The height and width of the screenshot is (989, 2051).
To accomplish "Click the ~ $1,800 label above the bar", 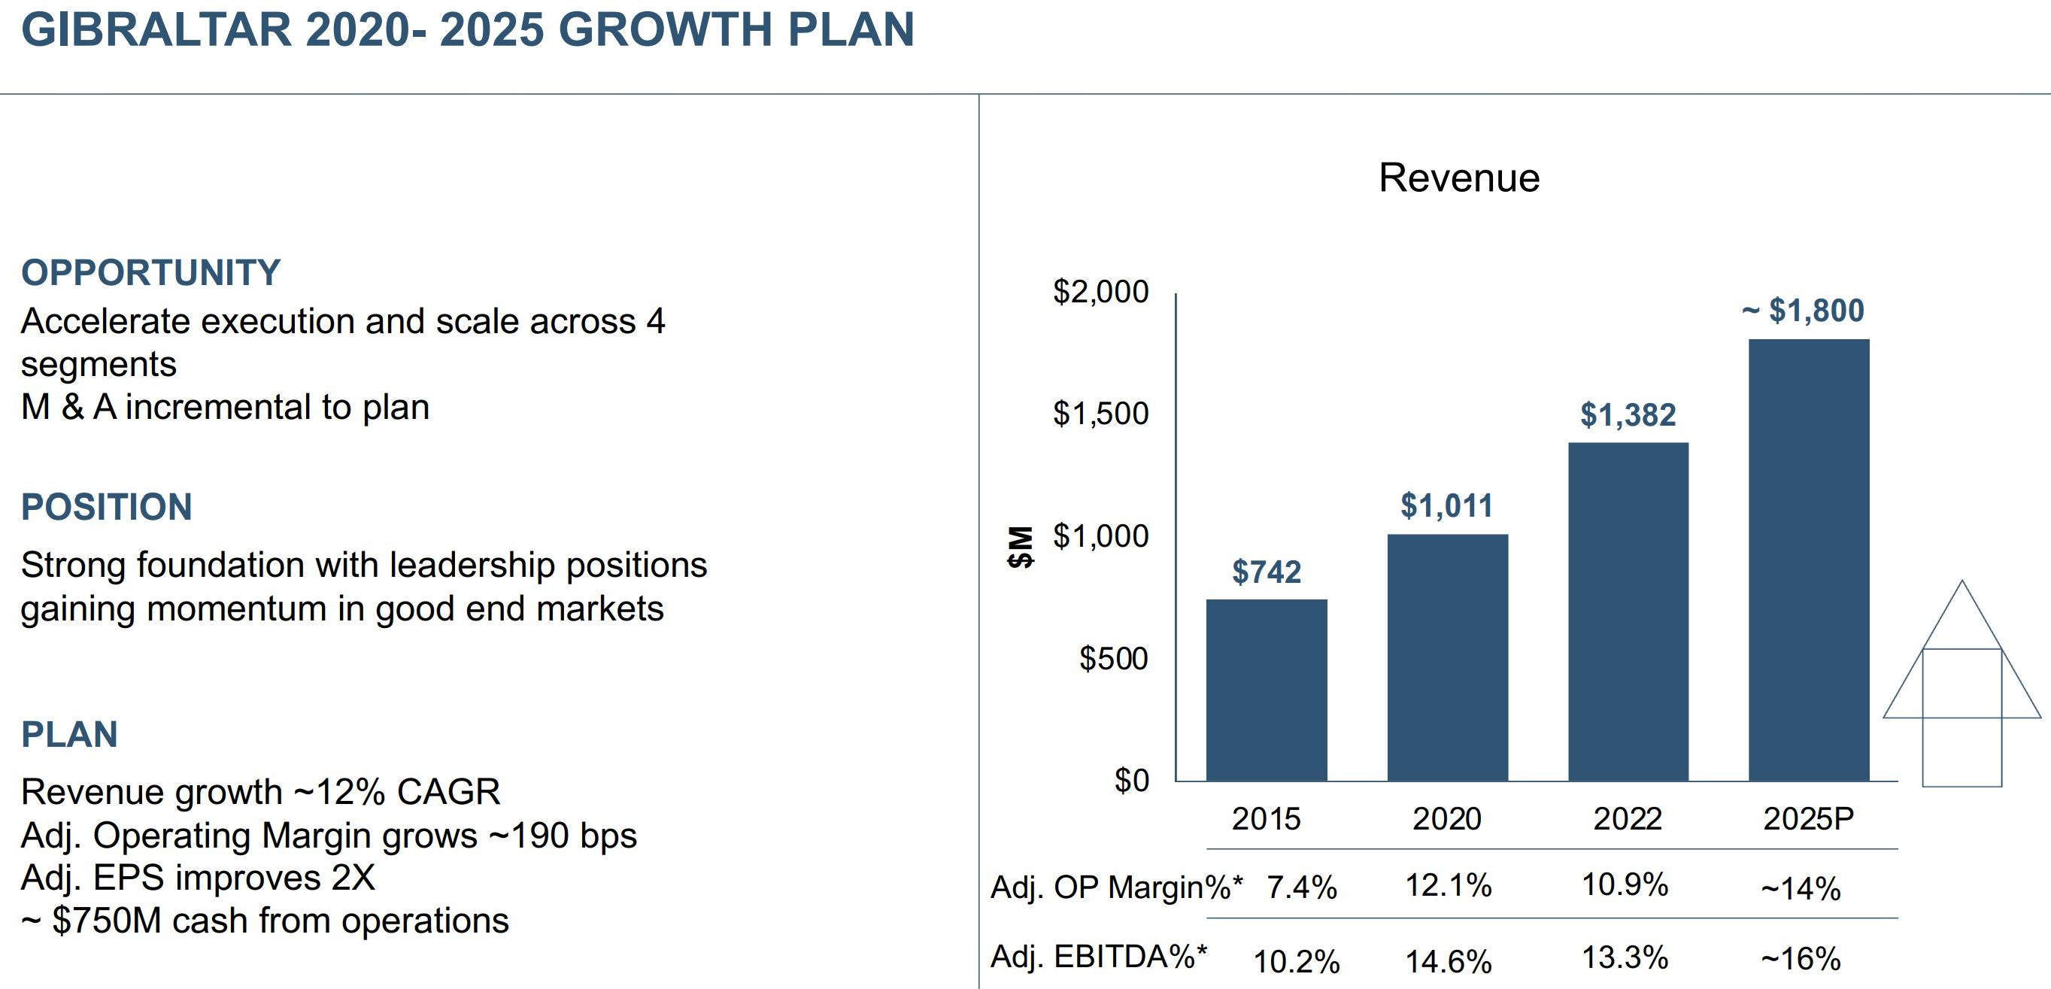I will pos(1804,311).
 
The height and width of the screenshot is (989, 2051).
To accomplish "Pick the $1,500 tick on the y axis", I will pos(1100,414).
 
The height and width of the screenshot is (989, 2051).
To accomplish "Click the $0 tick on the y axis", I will pos(1130,780).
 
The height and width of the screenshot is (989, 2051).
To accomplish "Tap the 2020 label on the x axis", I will pos(1447,818).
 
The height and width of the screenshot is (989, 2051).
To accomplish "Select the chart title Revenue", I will pos(1458,177).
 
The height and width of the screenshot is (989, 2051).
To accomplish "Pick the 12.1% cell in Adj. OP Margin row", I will pos(1448,885).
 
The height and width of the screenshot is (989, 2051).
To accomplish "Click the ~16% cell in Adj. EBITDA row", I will pos(1801,959).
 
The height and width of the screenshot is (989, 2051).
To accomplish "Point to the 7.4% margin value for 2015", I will pos(1301,887).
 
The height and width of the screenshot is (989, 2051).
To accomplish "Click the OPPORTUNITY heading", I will pos(150,272).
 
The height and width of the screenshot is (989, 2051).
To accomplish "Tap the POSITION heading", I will pos(107,507).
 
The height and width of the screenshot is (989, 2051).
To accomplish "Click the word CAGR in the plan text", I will pos(448,792).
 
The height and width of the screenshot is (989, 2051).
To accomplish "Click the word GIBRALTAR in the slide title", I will pos(156,29).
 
